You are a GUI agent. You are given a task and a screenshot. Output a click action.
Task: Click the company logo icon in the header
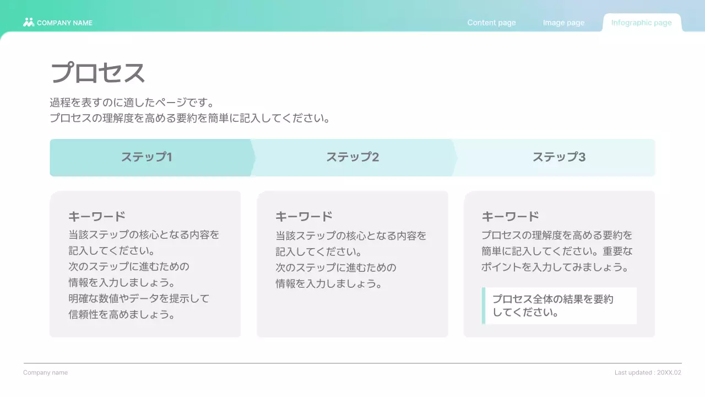(x=29, y=23)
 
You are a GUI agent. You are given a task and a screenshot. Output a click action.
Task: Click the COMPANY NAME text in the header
(x=64, y=23)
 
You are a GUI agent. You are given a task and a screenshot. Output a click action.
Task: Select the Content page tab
(x=491, y=23)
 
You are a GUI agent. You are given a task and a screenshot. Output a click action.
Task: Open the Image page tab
(x=563, y=23)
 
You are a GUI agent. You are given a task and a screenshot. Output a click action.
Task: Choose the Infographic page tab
(x=642, y=23)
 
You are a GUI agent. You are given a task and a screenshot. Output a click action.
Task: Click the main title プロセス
(x=97, y=73)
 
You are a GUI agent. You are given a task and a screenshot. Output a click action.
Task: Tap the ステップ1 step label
(x=147, y=157)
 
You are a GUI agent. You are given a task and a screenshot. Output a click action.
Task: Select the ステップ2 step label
(x=352, y=157)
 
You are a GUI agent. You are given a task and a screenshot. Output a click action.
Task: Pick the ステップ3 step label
(x=558, y=157)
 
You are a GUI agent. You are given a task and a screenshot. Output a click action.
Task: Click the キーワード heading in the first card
(x=97, y=216)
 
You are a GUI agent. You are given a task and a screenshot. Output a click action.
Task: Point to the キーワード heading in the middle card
(x=304, y=216)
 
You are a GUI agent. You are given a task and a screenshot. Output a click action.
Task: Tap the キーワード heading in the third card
(x=510, y=216)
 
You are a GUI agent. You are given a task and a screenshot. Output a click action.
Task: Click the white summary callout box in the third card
(x=561, y=305)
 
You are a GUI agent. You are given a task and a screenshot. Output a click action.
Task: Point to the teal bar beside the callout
(x=484, y=305)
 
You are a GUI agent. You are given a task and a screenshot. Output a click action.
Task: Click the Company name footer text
(x=46, y=373)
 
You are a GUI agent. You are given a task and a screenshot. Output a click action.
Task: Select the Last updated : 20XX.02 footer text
(x=648, y=373)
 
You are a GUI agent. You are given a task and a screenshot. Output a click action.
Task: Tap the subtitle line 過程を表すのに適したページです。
(x=132, y=103)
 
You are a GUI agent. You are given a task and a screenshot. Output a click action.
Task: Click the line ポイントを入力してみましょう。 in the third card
(x=555, y=267)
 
